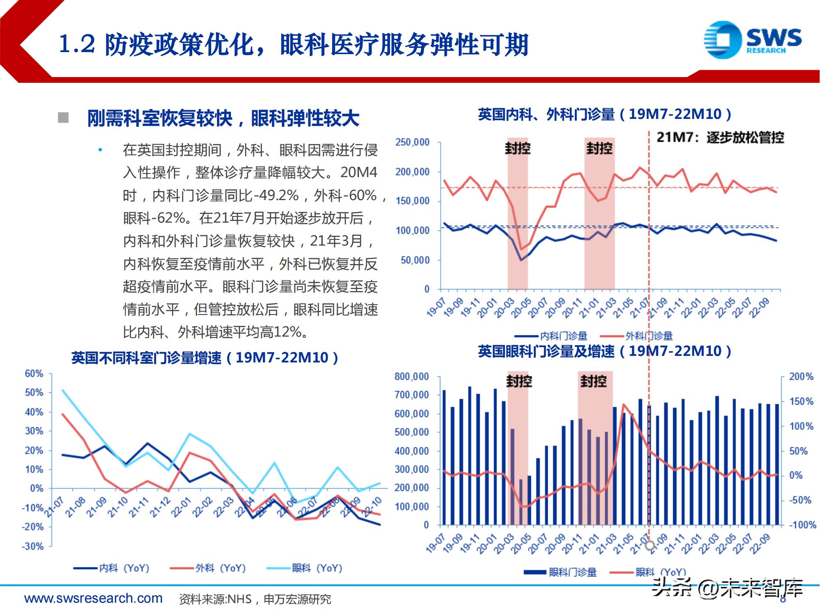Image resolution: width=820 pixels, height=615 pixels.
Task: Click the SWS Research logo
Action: (753, 40)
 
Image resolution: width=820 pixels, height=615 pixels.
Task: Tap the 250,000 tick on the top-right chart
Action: (412, 142)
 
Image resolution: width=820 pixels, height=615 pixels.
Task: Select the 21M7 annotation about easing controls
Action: (720, 137)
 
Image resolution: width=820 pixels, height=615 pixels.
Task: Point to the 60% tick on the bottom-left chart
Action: (34, 374)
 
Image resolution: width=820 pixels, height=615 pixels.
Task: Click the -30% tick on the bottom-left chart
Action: (32, 547)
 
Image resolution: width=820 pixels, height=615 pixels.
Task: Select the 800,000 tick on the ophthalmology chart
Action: (411, 376)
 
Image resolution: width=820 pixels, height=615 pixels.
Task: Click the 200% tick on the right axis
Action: (801, 376)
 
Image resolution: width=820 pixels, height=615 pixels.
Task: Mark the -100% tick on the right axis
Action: (802, 525)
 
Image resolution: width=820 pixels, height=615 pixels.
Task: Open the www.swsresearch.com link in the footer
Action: (93, 598)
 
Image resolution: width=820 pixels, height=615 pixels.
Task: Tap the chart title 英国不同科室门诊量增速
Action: (205, 358)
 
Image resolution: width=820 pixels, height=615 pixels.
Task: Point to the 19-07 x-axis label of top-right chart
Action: (435, 308)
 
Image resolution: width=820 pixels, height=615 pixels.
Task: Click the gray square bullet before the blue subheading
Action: (63, 118)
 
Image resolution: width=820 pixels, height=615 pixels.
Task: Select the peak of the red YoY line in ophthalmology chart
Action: (624, 404)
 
